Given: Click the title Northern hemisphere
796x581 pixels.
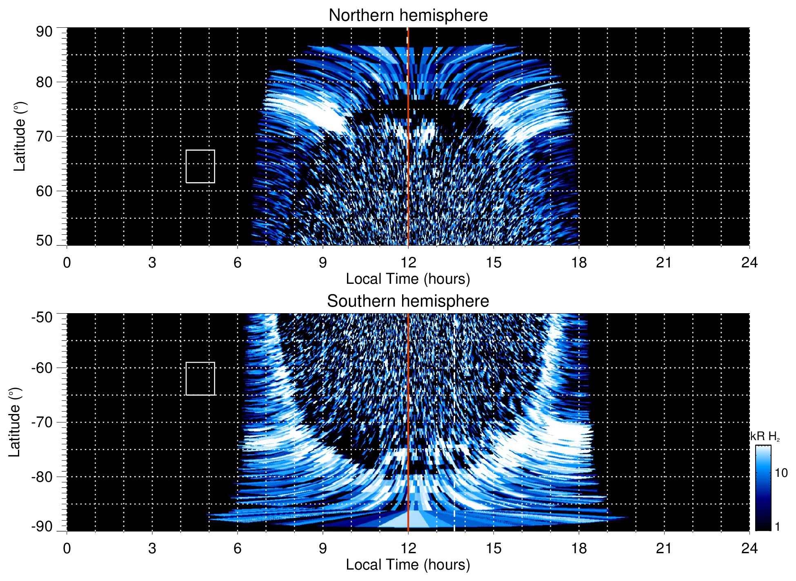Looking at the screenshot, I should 408,16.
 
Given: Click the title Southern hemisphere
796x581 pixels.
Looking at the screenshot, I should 408,301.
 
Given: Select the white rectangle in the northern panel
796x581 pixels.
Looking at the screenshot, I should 200,166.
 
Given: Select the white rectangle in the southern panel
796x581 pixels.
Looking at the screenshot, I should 200,378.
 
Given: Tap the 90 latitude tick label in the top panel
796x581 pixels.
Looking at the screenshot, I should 44,32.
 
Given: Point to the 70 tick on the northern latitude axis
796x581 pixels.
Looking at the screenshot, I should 44,136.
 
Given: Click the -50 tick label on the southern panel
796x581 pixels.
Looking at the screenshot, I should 42,317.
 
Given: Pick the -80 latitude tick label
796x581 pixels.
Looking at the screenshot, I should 42,476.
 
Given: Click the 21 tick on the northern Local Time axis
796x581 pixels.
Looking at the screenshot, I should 664,263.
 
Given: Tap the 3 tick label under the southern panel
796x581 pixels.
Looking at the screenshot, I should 152,548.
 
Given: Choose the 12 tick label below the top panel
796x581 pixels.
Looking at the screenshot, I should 408,263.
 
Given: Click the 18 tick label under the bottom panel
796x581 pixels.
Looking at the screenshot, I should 578,548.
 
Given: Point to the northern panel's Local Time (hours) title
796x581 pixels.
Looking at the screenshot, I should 408,279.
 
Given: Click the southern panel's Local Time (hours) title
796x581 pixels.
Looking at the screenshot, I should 408,565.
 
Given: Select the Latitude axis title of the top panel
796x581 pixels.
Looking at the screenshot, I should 20,136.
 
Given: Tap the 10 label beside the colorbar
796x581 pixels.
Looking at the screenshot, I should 781,473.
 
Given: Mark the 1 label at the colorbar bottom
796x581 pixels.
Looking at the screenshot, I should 777,527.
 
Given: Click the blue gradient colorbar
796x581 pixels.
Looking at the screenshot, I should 763,488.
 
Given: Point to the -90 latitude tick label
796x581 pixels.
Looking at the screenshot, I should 42,527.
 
